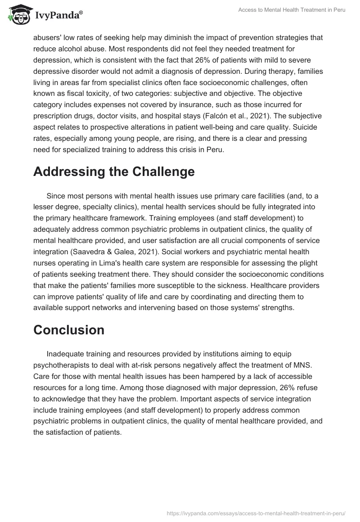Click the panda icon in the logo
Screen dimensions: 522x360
coord(17,14)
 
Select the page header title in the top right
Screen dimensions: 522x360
coord(292,10)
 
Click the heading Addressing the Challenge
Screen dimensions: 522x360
coord(114,171)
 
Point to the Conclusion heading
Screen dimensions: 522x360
coord(69,329)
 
